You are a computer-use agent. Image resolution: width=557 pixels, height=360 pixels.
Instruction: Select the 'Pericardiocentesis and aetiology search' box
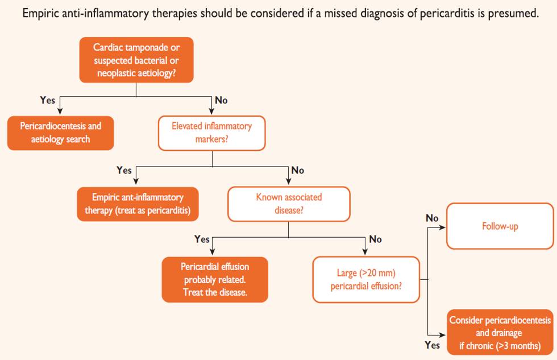61,133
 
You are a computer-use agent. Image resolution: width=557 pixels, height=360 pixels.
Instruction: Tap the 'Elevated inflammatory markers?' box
211,133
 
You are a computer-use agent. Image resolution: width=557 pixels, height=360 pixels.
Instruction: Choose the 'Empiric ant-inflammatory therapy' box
138,204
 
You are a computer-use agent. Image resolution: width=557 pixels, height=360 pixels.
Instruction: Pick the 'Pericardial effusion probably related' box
215,279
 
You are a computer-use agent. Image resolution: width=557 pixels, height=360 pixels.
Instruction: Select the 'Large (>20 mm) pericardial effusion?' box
367,279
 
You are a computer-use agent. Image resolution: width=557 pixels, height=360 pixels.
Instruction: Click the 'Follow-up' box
500,226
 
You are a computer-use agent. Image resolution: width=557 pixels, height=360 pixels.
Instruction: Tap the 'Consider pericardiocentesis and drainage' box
500,333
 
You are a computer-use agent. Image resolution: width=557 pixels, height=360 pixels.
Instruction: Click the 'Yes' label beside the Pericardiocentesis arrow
48,100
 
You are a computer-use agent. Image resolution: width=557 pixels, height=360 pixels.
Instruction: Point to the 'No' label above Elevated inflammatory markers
221,100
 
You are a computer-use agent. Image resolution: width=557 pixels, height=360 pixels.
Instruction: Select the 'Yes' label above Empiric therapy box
124,170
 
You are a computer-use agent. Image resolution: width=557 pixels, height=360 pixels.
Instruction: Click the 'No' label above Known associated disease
297,170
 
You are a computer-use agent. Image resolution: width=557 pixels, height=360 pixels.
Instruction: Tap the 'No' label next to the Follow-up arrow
432,218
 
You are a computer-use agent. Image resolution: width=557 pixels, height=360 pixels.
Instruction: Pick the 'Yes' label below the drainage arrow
432,345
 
